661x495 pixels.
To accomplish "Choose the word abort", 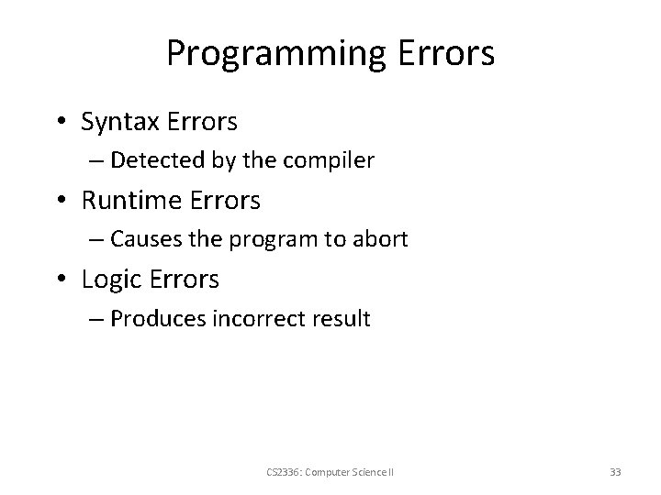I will [x=380, y=239].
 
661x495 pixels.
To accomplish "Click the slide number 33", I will [x=615, y=473].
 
